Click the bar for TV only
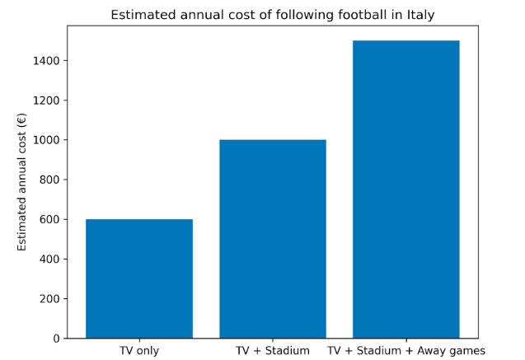139,278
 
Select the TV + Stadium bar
273,239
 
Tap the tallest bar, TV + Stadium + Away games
406,189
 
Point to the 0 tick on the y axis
56,339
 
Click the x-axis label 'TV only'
139,351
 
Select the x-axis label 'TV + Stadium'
273,351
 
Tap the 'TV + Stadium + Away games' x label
406,351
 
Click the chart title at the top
273,15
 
